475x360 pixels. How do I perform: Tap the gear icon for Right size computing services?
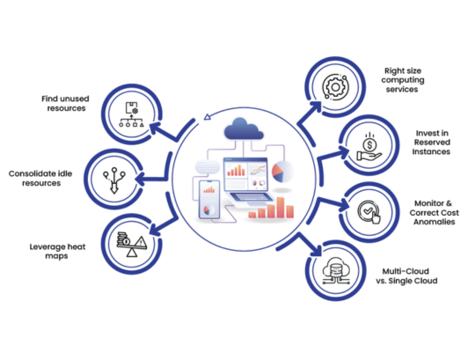click(338, 89)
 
